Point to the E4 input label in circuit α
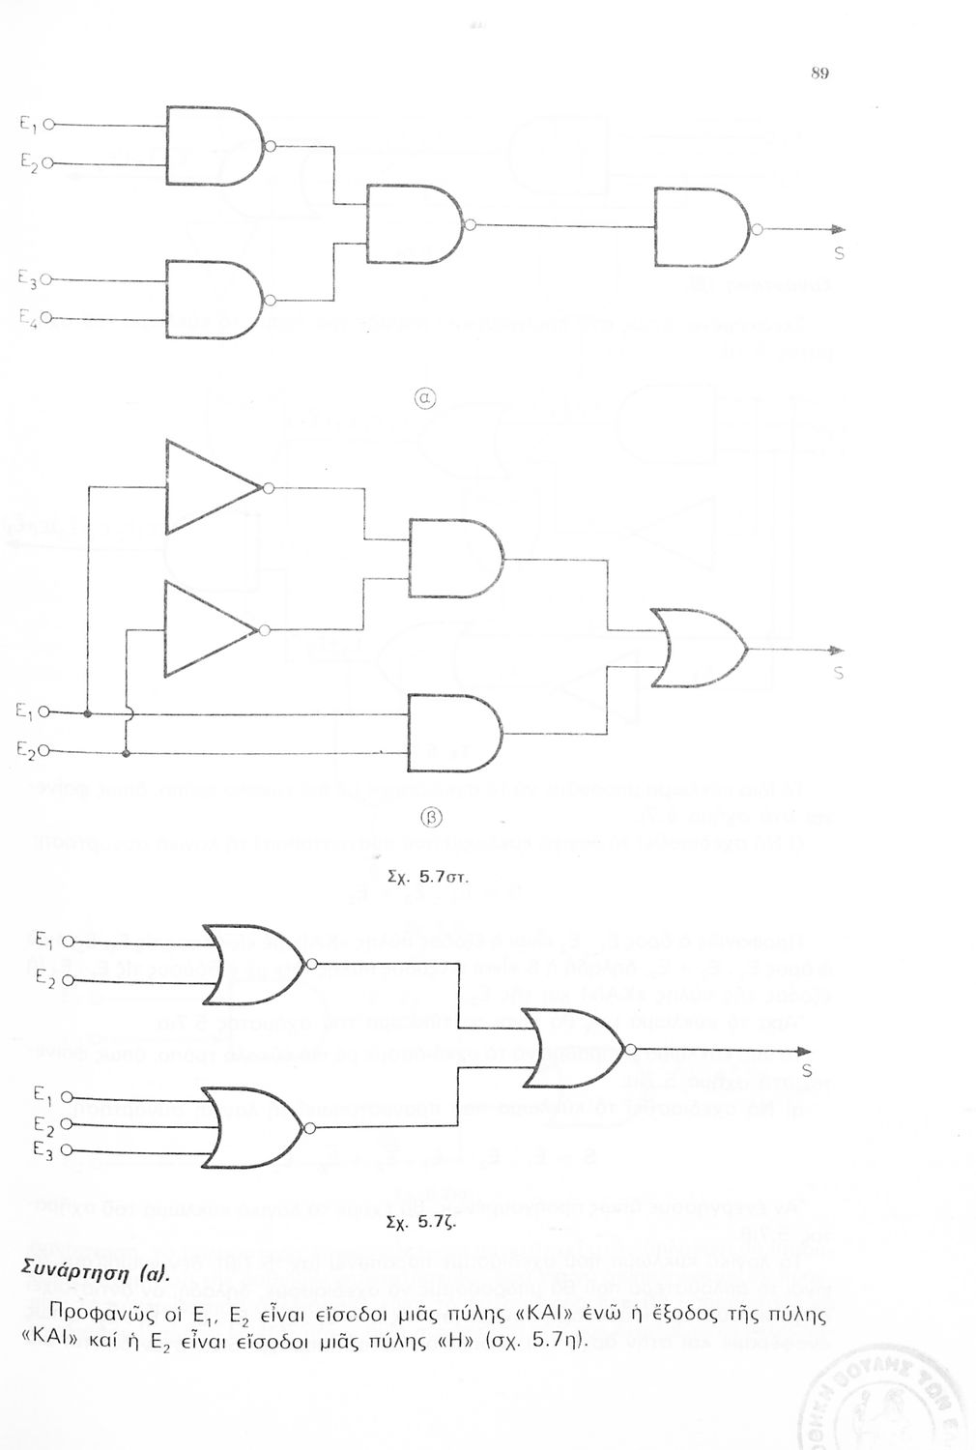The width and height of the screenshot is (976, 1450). point(27,317)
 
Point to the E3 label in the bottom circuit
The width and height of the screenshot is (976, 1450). point(42,1150)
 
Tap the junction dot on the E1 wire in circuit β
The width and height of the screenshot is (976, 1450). point(88,714)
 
